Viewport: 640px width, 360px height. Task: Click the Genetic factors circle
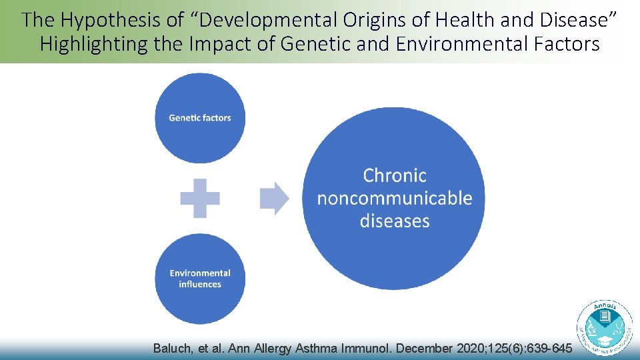[x=200, y=118]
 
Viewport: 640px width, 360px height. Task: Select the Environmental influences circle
[x=200, y=279]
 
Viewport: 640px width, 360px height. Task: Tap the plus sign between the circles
[x=200, y=198]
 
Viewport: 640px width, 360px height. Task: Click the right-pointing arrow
[x=274, y=198]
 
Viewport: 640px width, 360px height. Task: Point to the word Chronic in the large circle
[x=394, y=176]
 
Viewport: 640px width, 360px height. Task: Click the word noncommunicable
[x=394, y=199]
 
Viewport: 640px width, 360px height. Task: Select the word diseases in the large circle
[x=394, y=221]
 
